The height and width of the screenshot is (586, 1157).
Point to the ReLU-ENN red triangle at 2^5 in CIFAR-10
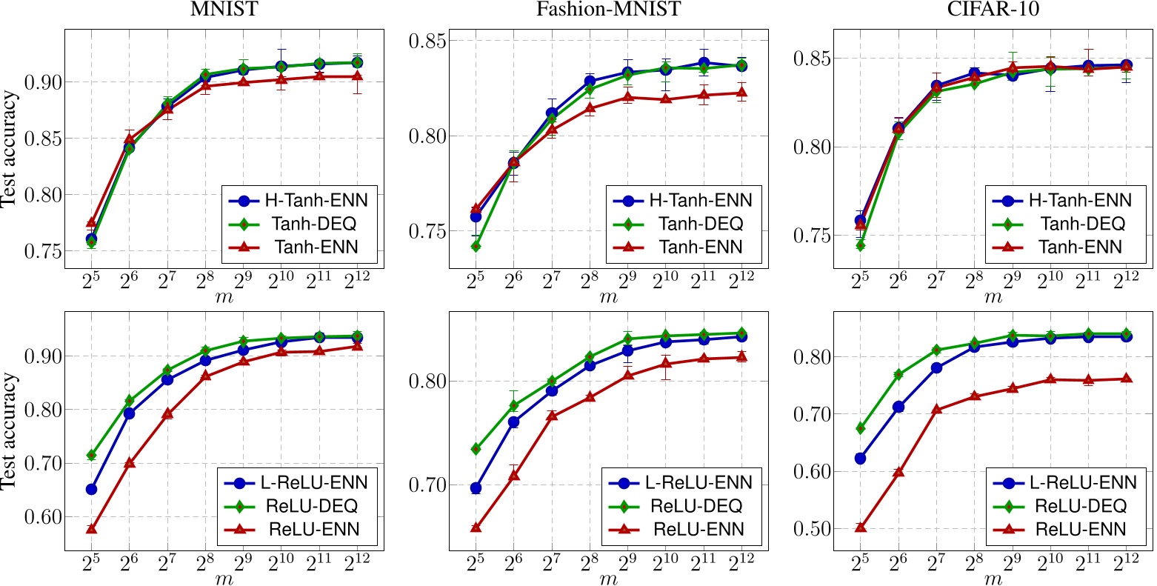860,527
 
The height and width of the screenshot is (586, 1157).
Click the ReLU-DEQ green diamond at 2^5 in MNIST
91,455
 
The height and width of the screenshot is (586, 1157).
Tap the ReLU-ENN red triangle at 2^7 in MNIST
167,413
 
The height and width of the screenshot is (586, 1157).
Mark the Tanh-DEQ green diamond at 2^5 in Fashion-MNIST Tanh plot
475,246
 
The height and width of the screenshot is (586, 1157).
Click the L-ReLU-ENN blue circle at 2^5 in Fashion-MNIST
475,488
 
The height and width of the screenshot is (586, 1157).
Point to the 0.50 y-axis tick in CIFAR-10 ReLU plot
813,529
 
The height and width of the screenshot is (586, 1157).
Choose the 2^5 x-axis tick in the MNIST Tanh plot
91,283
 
